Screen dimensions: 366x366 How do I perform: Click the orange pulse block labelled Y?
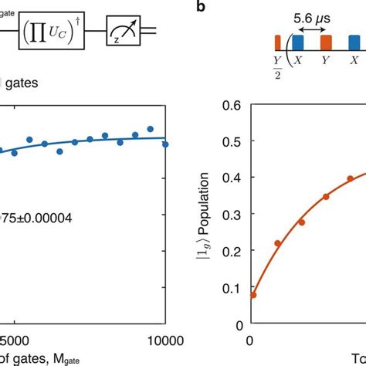[326, 42]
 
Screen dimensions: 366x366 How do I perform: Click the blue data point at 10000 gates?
[165, 144]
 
